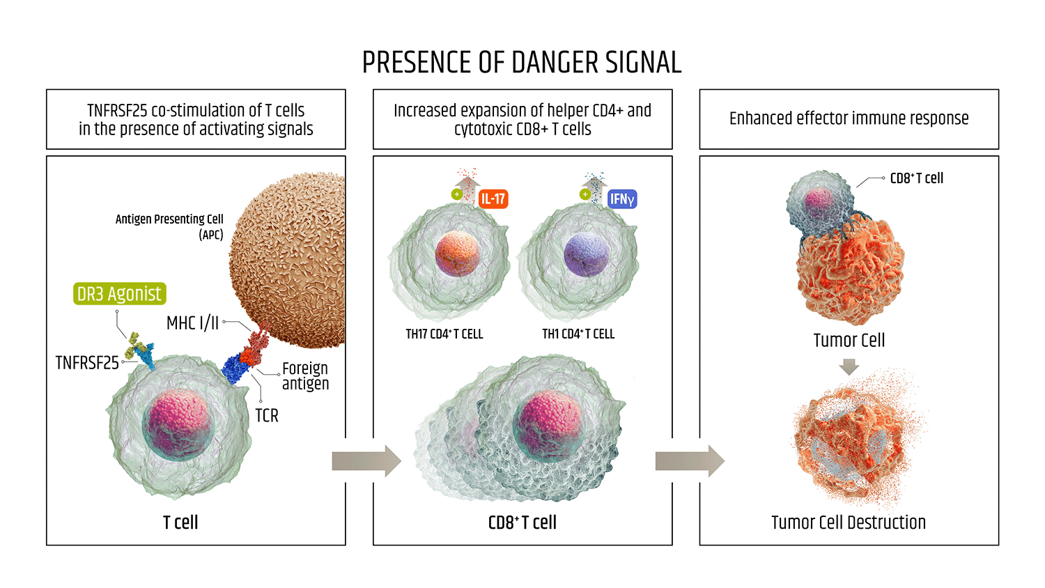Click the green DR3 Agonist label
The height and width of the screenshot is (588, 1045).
[120, 294]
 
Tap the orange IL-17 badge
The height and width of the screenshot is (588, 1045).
[493, 199]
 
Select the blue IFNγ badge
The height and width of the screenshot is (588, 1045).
[622, 199]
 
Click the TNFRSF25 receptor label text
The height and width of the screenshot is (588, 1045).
[87, 363]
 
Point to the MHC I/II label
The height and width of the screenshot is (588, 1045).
[192, 323]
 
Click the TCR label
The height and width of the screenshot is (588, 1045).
[267, 416]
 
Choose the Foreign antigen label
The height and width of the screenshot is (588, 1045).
[305, 376]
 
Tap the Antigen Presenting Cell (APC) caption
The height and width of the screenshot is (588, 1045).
[169, 226]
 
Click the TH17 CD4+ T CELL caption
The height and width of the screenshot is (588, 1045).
[444, 334]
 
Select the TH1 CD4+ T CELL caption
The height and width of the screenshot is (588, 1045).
[578, 334]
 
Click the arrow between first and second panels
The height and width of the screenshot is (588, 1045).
[366, 461]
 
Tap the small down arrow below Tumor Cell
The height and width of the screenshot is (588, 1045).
[849, 366]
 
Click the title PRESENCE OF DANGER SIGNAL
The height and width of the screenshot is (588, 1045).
[522, 63]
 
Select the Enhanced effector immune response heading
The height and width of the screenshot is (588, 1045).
[849, 118]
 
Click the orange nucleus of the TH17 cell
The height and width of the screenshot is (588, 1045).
[457, 254]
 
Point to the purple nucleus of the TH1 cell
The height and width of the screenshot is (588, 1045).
[587, 254]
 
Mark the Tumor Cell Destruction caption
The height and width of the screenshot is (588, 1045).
[849, 523]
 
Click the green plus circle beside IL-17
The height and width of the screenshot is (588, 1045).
[457, 194]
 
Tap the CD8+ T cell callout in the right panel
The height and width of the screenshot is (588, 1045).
[916, 178]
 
